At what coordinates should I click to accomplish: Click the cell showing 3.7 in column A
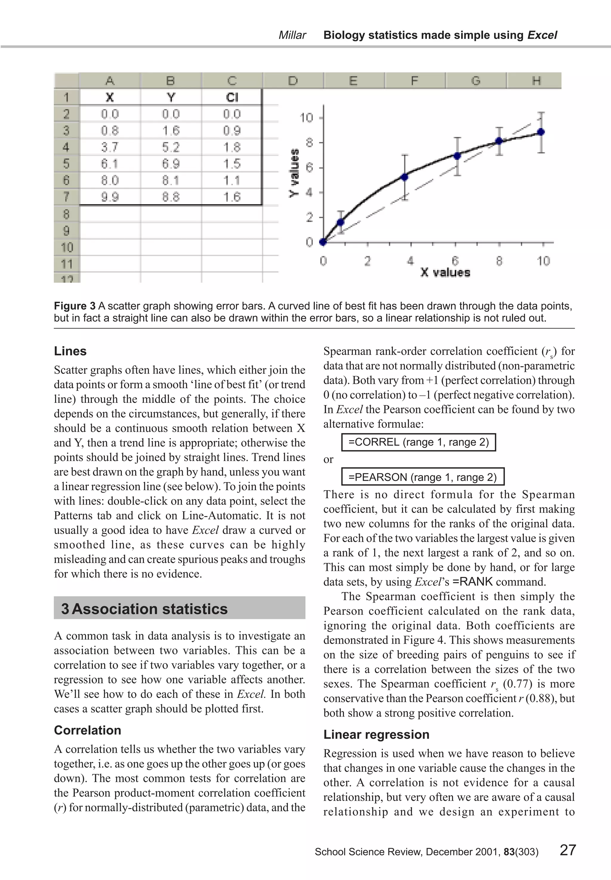pyautogui.click(x=109, y=147)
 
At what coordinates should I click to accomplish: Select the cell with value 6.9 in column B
pyautogui.click(x=170, y=164)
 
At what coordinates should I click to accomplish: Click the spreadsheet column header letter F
pyautogui.click(x=414, y=81)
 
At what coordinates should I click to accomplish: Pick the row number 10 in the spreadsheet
pyautogui.click(x=67, y=247)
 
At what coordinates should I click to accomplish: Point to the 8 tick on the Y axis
pyautogui.click(x=309, y=143)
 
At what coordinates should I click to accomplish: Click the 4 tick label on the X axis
pyautogui.click(x=411, y=261)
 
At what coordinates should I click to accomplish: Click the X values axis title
pyautogui.click(x=445, y=272)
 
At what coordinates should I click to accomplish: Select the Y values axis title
pyautogui.click(x=294, y=173)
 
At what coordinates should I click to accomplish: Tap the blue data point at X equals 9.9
pyautogui.click(x=541, y=132)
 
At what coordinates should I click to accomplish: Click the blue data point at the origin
pyautogui.click(x=323, y=242)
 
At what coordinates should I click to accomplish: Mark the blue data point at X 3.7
pyautogui.click(x=404, y=177)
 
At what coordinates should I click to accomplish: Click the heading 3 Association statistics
pyautogui.click(x=145, y=609)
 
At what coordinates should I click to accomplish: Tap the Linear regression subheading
pyautogui.click(x=376, y=734)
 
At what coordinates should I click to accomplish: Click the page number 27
pyautogui.click(x=567, y=850)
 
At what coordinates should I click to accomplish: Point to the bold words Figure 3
pyautogui.click(x=75, y=306)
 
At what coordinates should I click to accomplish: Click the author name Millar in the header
pyautogui.click(x=292, y=35)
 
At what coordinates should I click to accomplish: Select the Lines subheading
pyautogui.click(x=70, y=351)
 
